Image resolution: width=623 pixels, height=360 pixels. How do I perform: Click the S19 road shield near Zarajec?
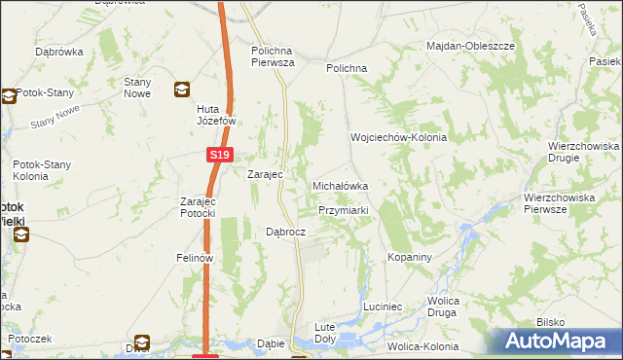(220, 155)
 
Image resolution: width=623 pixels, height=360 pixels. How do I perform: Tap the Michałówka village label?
(340, 185)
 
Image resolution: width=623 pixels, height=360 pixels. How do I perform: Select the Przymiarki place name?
(343, 210)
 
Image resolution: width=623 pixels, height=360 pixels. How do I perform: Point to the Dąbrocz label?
(286, 233)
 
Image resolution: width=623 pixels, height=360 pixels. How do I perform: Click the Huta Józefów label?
(212, 115)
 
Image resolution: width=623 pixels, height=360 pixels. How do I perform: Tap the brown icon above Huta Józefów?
(182, 90)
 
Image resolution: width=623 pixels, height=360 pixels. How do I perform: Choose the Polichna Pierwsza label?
(273, 56)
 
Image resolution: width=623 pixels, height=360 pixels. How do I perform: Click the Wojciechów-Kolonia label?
(398, 137)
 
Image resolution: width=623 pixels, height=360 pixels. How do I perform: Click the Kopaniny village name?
(409, 257)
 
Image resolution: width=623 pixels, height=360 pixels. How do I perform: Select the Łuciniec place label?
(383, 306)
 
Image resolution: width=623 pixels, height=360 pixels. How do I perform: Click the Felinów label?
(194, 258)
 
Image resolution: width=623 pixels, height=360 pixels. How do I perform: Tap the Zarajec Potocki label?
(197, 207)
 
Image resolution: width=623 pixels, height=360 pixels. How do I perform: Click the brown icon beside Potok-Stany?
(9, 96)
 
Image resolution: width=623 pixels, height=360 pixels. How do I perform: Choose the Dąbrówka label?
(56, 51)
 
